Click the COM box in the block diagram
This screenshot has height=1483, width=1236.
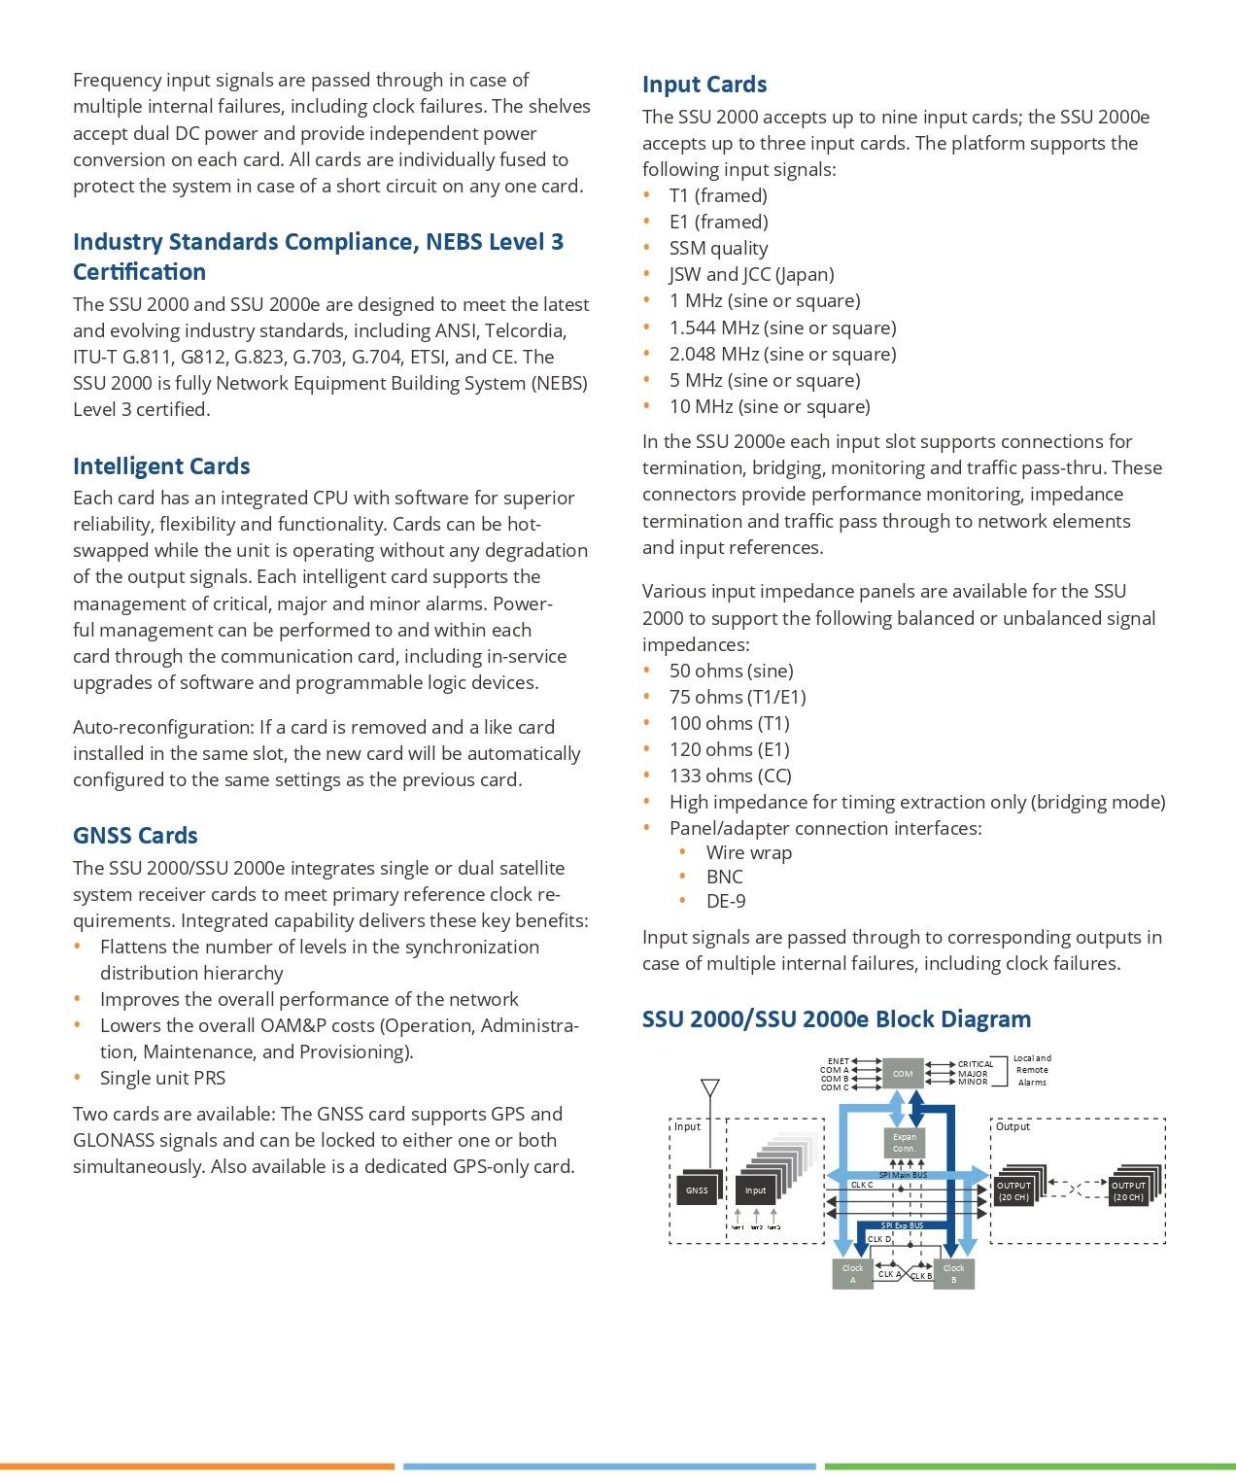tap(903, 1074)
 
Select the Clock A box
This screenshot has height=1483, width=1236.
tap(853, 1274)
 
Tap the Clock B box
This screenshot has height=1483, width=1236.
tap(953, 1274)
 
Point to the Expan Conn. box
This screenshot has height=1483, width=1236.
tap(905, 1143)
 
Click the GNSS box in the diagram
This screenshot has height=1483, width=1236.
tap(697, 1190)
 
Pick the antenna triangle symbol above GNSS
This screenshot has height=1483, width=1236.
tap(710, 1087)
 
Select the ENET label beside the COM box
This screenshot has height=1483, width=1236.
tap(838, 1061)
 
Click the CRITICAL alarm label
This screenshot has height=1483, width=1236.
tap(976, 1064)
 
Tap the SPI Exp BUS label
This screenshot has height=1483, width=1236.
tap(903, 1225)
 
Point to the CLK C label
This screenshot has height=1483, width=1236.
tap(862, 1185)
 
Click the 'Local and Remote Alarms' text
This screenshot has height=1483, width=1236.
tap(1032, 1070)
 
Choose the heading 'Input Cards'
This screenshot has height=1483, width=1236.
tap(704, 85)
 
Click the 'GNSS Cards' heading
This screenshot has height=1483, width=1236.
tap(135, 836)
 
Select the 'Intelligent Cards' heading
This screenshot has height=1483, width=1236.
tap(161, 466)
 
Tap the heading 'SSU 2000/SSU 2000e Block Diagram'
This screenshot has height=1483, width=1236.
tap(837, 1019)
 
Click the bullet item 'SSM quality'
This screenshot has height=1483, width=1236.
tap(718, 249)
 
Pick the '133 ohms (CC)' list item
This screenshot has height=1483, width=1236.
tap(730, 776)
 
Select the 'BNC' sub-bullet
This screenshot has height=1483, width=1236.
tap(724, 877)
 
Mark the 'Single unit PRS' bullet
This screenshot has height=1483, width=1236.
tap(162, 1078)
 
